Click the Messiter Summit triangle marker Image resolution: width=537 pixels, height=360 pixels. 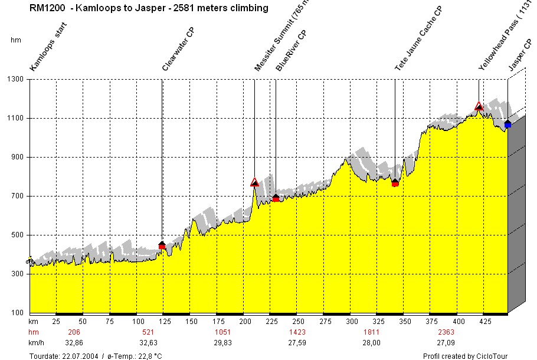254,182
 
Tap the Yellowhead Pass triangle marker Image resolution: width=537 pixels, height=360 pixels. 479,106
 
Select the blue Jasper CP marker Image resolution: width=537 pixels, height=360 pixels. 507,124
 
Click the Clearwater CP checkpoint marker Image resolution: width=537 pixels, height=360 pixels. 162,245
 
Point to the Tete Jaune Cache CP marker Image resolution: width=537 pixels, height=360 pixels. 395,183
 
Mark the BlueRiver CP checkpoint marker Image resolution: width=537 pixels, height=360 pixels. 276,198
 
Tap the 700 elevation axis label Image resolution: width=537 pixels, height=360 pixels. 17,196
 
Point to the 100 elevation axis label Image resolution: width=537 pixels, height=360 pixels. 17,313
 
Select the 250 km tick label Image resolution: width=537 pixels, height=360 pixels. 298,322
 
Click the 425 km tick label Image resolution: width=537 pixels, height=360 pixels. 486,322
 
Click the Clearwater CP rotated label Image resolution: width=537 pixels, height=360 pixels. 179,50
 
